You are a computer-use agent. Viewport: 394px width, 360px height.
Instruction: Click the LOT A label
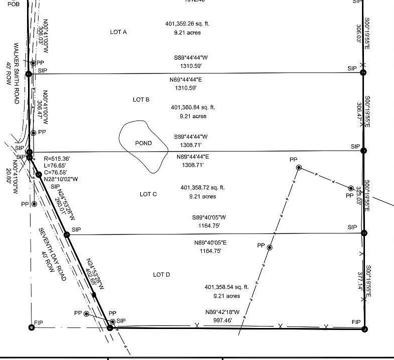[118, 32]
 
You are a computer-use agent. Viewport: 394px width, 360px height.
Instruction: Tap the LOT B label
[141, 99]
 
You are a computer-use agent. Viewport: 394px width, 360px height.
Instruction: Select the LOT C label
[148, 194]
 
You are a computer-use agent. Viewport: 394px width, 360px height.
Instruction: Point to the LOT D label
[161, 274]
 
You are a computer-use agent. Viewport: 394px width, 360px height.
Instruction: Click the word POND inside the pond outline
[144, 143]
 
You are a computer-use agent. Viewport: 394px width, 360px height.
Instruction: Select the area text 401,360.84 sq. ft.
[193, 107]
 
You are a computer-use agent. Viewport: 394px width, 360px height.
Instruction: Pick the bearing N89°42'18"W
[222, 312]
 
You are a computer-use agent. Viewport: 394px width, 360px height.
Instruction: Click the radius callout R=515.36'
[57, 158]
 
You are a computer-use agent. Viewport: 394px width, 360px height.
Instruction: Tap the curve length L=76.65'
[55, 165]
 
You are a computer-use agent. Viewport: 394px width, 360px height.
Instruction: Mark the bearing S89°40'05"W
[209, 217]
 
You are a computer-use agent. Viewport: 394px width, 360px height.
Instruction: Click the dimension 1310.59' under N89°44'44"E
[186, 87]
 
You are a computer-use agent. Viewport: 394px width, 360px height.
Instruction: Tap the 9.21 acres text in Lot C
[202, 196]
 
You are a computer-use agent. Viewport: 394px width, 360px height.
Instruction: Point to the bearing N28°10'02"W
[61, 178]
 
